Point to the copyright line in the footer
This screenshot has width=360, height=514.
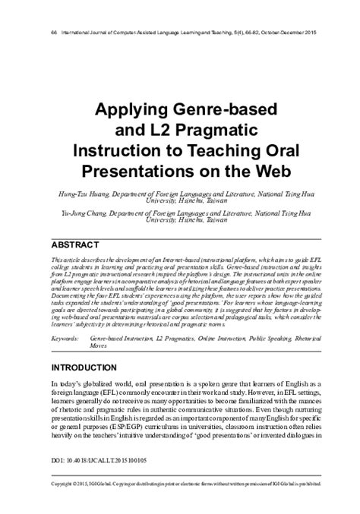click(179, 504)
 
